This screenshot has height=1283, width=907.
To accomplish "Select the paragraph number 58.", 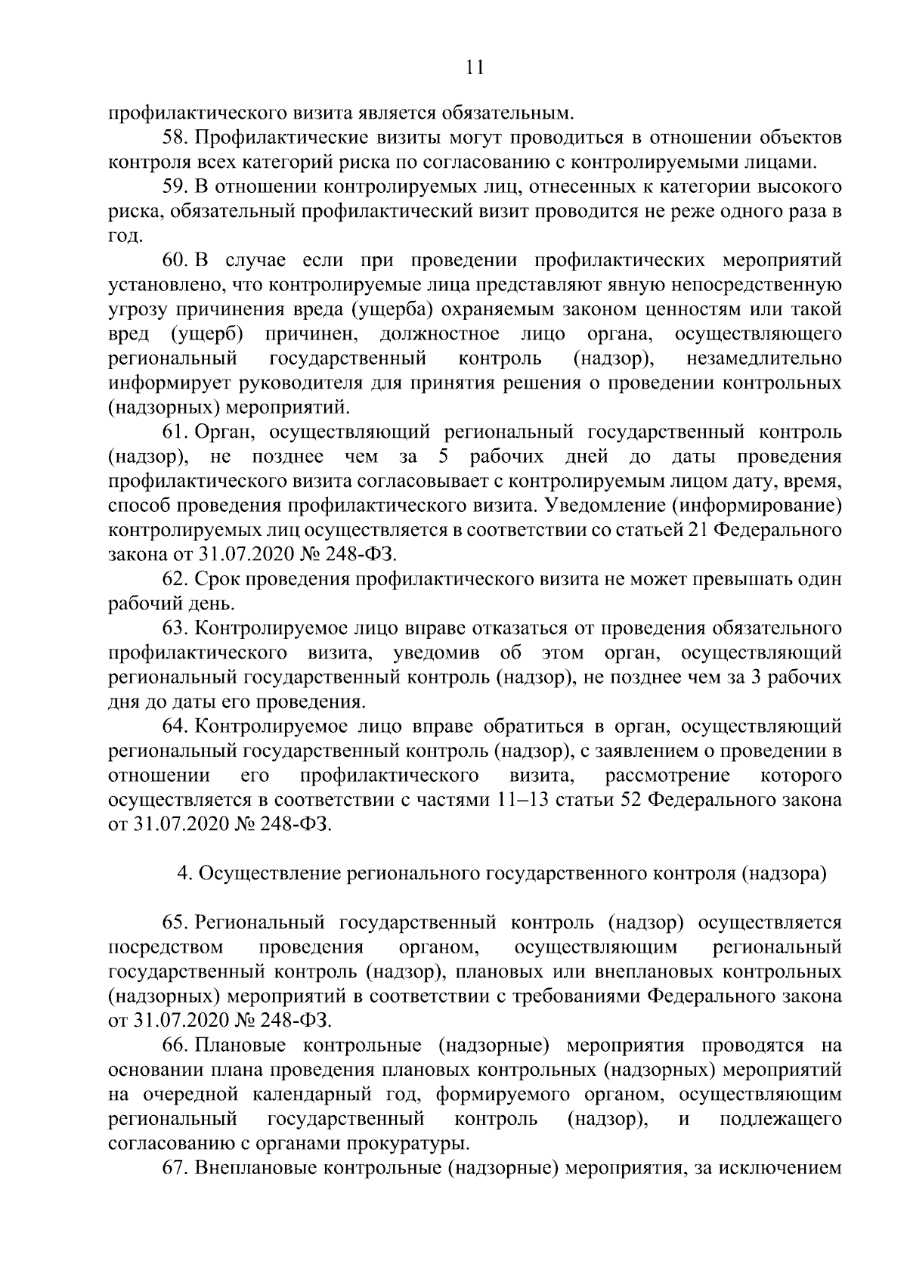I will [175, 138].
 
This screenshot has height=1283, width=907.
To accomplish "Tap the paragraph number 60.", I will [175, 261].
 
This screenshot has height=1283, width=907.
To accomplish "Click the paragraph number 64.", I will [175, 727].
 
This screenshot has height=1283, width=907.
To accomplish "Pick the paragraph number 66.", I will [175, 1046].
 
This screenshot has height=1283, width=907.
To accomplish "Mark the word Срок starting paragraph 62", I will [217, 579].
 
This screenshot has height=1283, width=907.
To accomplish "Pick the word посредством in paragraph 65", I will [166, 947].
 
